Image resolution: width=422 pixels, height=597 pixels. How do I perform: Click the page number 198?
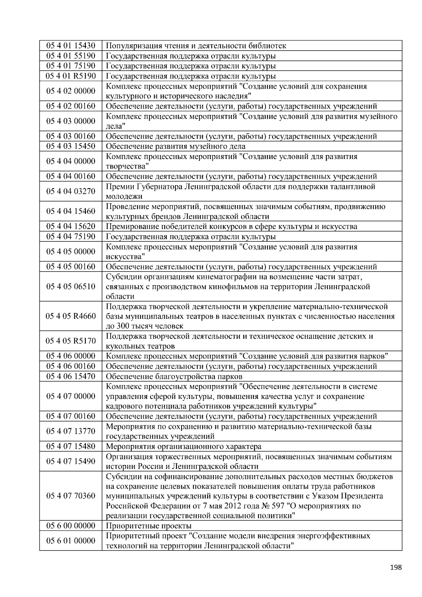click(396, 567)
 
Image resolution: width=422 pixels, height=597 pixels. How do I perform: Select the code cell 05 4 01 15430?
click(71, 46)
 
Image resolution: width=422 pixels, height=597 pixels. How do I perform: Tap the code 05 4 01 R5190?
click(71, 76)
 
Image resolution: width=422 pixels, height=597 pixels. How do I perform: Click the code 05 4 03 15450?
click(71, 146)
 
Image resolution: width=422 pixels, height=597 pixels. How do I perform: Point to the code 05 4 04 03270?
click(71, 191)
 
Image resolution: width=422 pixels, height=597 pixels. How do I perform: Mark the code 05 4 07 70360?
click(71, 496)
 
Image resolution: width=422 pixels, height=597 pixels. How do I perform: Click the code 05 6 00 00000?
click(71, 526)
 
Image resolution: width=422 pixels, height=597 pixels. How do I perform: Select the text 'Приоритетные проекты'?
click(148, 526)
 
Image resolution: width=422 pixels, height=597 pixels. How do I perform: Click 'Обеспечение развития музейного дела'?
click(175, 146)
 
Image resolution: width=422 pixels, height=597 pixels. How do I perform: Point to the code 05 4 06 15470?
click(71, 376)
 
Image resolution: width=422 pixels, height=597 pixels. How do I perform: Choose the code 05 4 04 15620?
click(71, 227)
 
